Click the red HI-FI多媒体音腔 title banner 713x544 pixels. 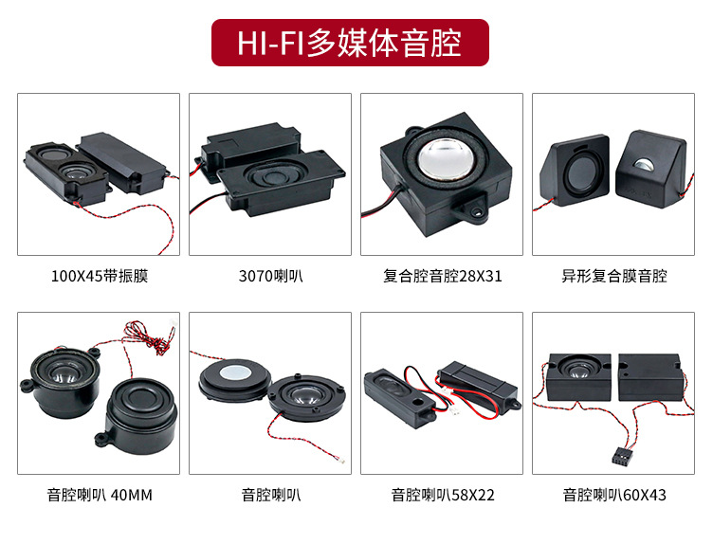(x=350, y=43)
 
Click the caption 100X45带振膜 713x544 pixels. (x=100, y=276)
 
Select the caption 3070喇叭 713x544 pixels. (x=270, y=276)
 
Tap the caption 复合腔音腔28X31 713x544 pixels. (x=443, y=276)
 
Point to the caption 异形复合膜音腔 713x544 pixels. (x=613, y=276)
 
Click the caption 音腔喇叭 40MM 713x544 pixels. (x=100, y=495)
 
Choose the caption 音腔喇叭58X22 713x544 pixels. (x=443, y=495)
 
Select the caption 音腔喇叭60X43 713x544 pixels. (x=613, y=495)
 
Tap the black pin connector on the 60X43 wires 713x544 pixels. (x=620, y=455)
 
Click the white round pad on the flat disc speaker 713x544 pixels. (x=235, y=372)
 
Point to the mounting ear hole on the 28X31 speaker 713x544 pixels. (x=477, y=211)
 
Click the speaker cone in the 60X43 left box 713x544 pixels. (x=579, y=367)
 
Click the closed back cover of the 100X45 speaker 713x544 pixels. (x=122, y=162)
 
